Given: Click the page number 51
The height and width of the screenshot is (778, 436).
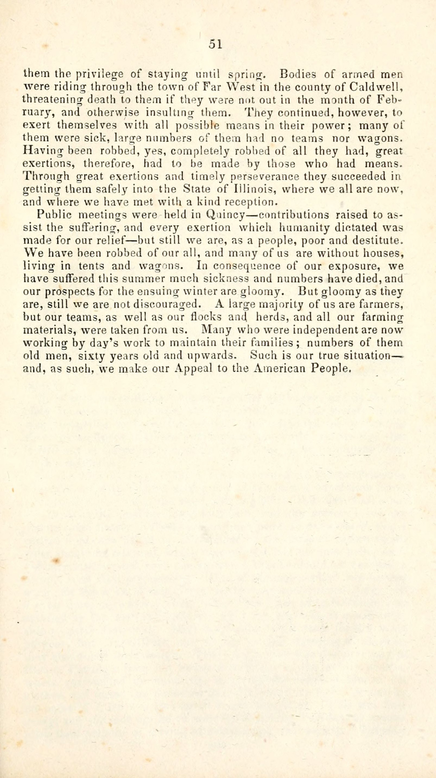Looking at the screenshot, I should click(215, 44).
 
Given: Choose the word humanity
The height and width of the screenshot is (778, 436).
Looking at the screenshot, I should click(298, 228).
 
